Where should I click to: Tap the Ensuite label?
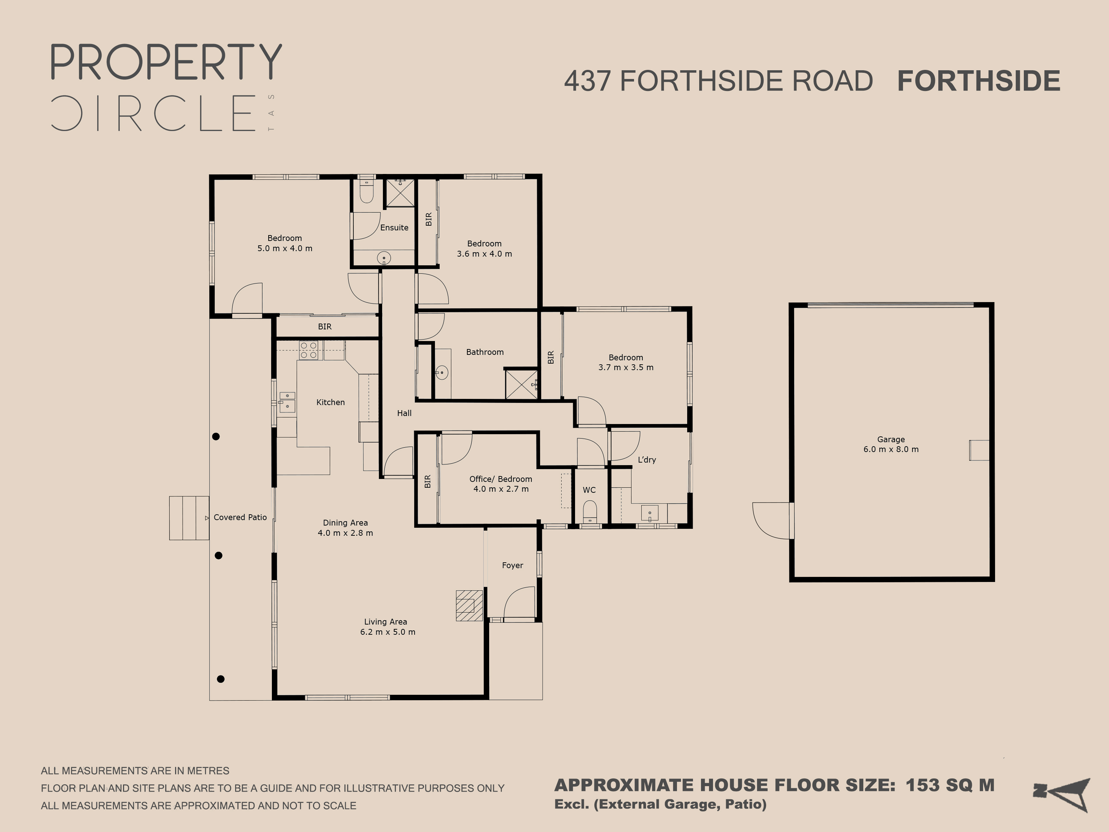coord(394,227)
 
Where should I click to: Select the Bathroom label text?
coord(485,352)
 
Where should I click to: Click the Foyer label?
coord(512,565)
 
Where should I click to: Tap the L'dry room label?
coord(647,460)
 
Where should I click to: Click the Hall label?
coord(404,413)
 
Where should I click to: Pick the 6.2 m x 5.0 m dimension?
coord(388,632)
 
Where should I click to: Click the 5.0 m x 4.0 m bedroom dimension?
coord(285,249)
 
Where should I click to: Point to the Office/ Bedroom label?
coord(500,479)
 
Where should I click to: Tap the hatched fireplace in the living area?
coord(469,606)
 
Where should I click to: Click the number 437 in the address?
coord(587,81)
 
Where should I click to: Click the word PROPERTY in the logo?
coord(166,62)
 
